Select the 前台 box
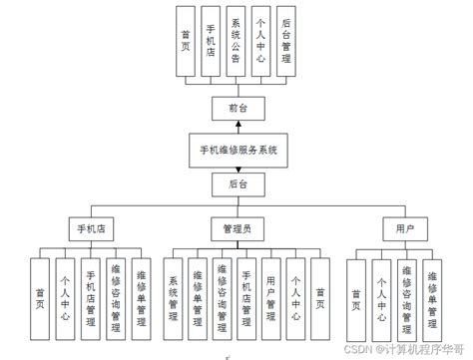click(x=236, y=107)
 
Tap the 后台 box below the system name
click(x=236, y=184)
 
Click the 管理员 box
click(x=236, y=228)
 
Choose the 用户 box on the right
click(x=405, y=228)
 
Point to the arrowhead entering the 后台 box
click(x=236, y=171)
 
